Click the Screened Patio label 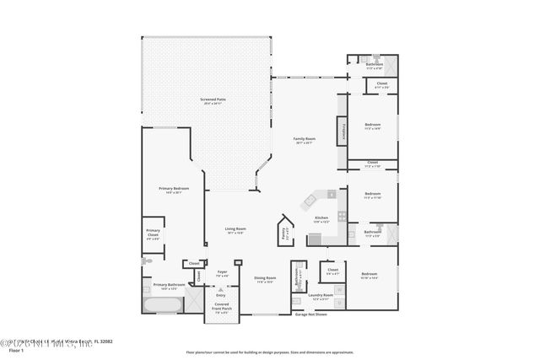click(213, 99)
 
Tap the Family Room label click(305, 140)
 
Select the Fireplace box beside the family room click(343, 131)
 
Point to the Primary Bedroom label click(174, 189)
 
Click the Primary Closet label click(153, 233)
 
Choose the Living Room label click(235, 229)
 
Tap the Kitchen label click(321, 218)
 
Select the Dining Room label click(264, 279)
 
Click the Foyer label click(223, 273)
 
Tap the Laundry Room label click(321, 297)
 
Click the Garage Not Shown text click(311, 314)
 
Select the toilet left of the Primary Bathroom click(146, 262)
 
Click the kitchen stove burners click(342, 216)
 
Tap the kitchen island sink click(310, 201)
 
